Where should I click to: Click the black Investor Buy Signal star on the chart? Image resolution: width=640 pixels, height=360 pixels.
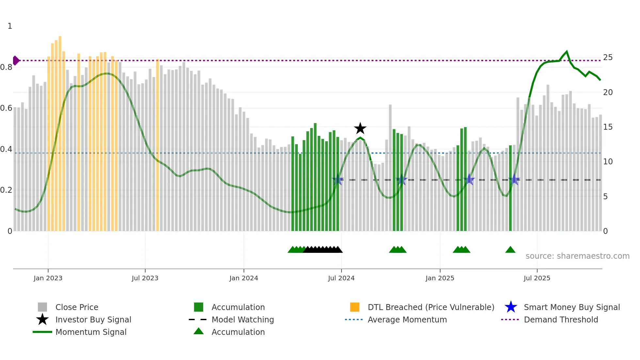tap(360, 128)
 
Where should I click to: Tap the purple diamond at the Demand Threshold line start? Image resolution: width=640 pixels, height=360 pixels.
tap(16, 60)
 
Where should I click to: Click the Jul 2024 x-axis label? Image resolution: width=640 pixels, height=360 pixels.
tap(341, 278)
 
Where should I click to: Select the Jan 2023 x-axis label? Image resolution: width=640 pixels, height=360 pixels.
tap(48, 278)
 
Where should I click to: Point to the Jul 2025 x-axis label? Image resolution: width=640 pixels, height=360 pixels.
tap(537, 278)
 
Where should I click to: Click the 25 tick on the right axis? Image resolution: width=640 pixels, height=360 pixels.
tap(608, 57)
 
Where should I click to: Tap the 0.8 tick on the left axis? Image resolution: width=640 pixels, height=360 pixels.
tap(6, 67)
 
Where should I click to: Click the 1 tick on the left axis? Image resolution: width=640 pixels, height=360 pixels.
tap(10, 26)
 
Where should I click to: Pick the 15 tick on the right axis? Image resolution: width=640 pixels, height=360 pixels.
tap(608, 127)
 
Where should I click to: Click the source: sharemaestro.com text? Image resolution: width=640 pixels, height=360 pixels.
tap(577, 256)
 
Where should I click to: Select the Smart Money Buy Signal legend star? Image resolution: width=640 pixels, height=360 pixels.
tap(511, 307)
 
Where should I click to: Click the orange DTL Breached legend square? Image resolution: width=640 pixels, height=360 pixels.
tap(355, 307)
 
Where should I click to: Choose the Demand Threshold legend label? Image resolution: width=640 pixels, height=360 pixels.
tap(561, 319)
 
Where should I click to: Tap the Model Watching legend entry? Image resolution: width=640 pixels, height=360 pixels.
tap(243, 319)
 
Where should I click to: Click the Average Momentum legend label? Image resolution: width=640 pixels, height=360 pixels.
tap(407, 319)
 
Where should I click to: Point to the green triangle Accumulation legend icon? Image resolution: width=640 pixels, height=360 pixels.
tap(199, 331)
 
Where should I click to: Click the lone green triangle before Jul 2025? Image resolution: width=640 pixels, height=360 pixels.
tap(510, 250)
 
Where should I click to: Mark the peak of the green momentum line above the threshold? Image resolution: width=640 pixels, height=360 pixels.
tap(567, 51)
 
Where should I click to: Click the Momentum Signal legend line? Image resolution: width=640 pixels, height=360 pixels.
tap(42, 332)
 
